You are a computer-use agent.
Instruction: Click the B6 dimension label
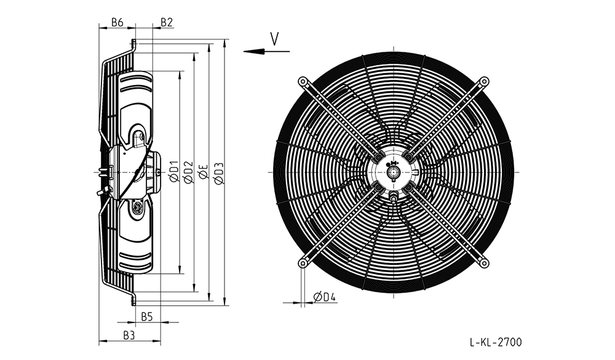coord(117,22)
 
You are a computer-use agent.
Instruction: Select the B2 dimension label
coord(167,22)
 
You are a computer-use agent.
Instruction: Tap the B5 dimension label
coord(147,316)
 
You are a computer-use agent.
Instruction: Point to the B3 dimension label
coord(129,335)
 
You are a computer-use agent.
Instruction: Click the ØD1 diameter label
coord(175,171)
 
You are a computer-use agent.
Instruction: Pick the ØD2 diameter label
coord(189,172)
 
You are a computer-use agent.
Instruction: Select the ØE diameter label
coord(204,172)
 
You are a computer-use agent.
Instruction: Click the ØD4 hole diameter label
coord(325,297)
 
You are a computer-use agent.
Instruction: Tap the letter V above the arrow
coord(275,39)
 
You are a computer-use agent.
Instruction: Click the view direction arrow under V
coord(266,52)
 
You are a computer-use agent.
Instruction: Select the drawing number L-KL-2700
coord(496,342)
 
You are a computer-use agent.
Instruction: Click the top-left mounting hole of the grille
coord(303,82)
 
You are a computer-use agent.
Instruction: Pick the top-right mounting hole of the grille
coord(485,82)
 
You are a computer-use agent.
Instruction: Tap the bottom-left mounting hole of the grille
coord(303,263)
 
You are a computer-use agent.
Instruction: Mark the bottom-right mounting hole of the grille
coord(485,263)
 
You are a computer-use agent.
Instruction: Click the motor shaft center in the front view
coord(394,172)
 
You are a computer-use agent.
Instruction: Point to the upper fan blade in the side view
coord(136,108)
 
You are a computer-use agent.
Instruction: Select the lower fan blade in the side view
coord(136,236)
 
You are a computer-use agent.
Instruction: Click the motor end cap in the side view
coord(155,172)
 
